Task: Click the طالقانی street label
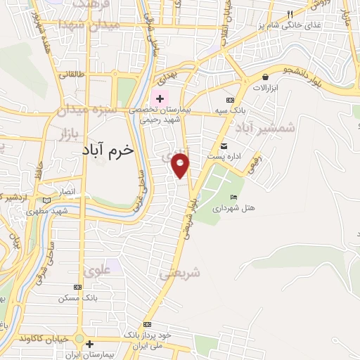71,73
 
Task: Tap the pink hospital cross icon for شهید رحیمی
161,98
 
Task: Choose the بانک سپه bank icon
230,99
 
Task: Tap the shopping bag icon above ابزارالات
265,77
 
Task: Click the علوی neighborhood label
98,269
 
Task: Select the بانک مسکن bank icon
77,287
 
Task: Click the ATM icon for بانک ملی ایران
147,324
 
